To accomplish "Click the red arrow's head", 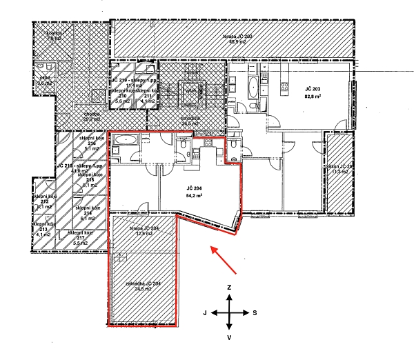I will click(213, 248).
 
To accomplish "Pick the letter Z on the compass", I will click(229, 286).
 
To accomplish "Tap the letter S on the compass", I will click(255, 312).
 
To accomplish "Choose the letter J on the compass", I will click(205, 312).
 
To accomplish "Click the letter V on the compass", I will click(229, 338).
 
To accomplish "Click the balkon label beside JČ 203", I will click(339, 168).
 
